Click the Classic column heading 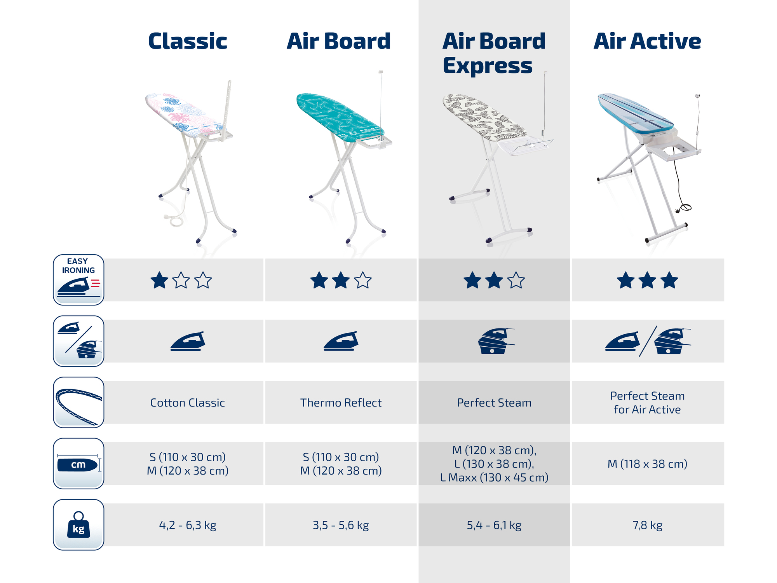(x=188, y=41)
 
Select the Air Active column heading (x=647, y=41)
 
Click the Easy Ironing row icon (x=78, y=279)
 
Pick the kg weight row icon (x=78, y=525)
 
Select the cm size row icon (x=78, y=464)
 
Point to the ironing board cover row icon (x=78, y=402)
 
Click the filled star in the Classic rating (x=159, y=280)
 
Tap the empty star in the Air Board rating (x=363, y=280)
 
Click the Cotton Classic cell (x=188, y=403)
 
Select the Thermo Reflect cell (x=341, y=403)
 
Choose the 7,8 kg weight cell (x=647, y=525)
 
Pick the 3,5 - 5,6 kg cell (x=341, y=525)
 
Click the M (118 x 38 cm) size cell (x=647, y=464)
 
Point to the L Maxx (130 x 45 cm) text (x=494, y=477)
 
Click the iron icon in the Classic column (x=188, y=341)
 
